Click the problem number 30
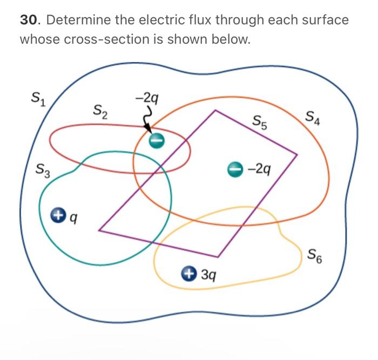(29, 21)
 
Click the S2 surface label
(99, 112)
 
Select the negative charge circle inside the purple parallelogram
(234, 169)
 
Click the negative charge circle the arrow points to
(156, 139)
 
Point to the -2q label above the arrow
(147, 98)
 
